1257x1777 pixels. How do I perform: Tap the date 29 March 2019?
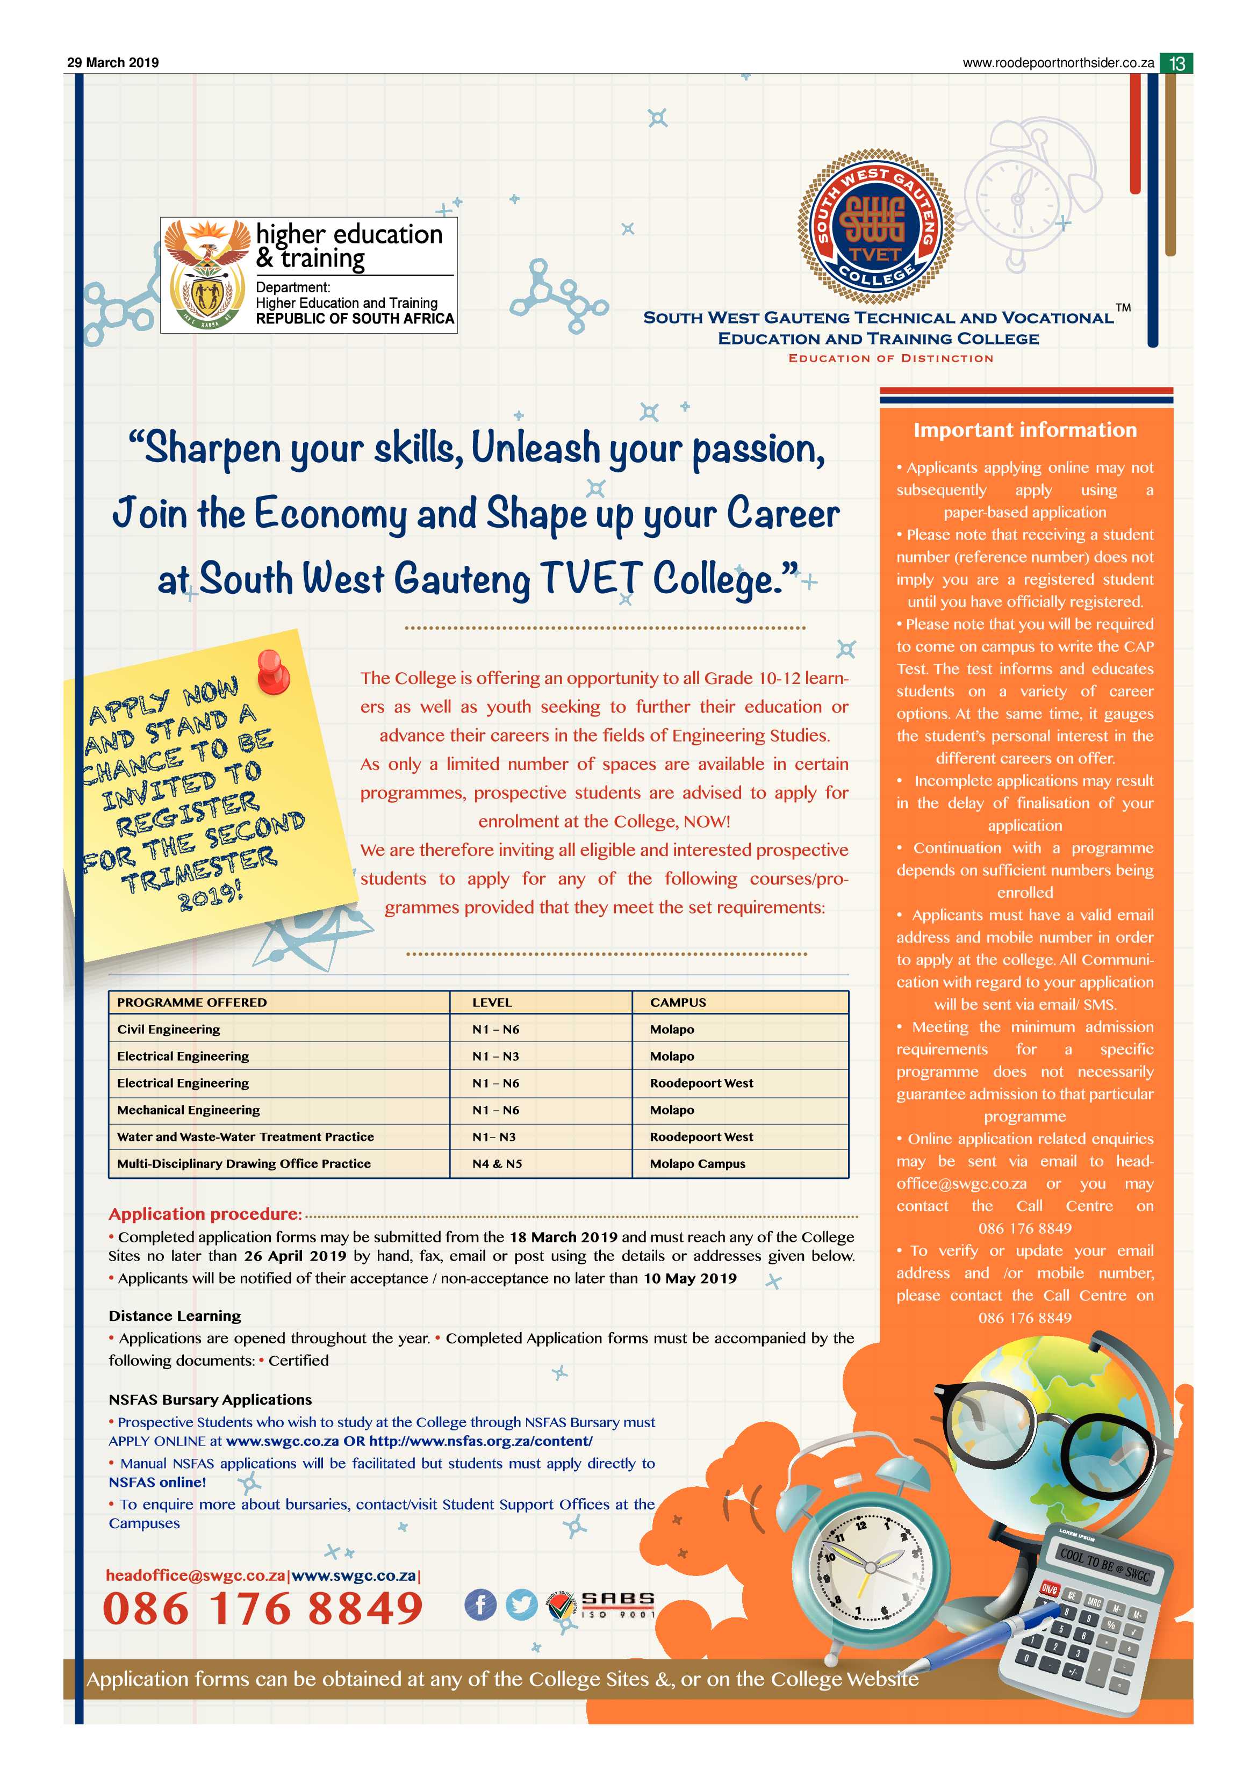pyautogui.click(x=113, y=63)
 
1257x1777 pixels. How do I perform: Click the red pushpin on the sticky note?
pyautogui.click(x=272, y=670)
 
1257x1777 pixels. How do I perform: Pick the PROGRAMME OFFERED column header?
pyautogui.click(x=192, y=1002)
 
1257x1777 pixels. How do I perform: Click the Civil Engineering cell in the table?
pyautogui.click(x=169, y=1030)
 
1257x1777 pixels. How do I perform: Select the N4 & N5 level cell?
pyautogui.click(x=497, y=1163)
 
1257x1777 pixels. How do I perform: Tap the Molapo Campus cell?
pyautogui.click(x=698, y=1163)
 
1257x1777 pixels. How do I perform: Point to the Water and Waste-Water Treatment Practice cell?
pyautogui.click(x=246, y=1136)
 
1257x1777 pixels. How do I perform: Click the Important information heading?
pyautogui.click(x=1025, y=430)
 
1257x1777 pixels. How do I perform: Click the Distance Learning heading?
pyautogui.click(x=175, y=1316)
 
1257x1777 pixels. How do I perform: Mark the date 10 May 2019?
pyautogui.click(x=689, y=1278)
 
